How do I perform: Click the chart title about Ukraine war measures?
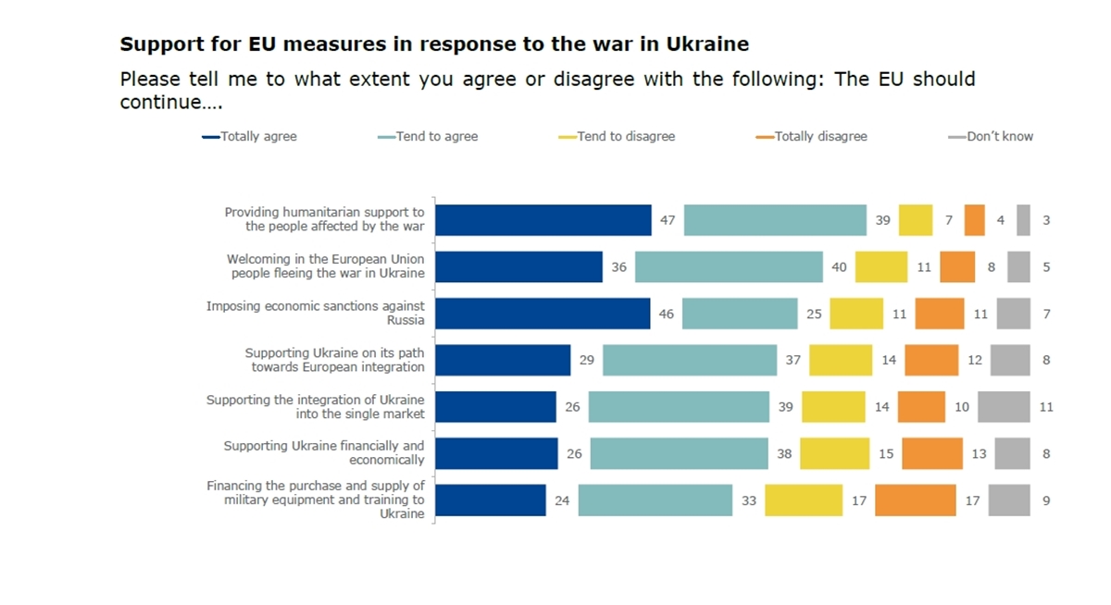coord(434,43)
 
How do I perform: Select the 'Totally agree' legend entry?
coord(250,136)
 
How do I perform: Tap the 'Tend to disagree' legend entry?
coord(618,136)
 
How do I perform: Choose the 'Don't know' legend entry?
coord(990,136)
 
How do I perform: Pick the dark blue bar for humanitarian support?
coord(543,220)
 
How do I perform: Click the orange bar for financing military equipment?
coord(915,500)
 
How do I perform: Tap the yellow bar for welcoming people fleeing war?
coord(880,266)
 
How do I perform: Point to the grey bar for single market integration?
coord(1004,407)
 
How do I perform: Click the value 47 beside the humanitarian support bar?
coord(668,220)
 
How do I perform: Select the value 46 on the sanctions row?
coord(666,314)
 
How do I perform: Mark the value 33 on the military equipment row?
coord(748,500)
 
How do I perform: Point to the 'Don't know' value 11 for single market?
coord(1045,407)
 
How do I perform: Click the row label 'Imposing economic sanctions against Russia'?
coord(316,313)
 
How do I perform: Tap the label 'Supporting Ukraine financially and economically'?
coord(324,452)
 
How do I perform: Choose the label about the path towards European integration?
coord(334,360)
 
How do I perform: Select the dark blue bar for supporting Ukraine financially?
coord(496,453)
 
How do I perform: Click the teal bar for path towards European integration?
coord(689,360)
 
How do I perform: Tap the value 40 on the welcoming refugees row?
coord(839,266)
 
